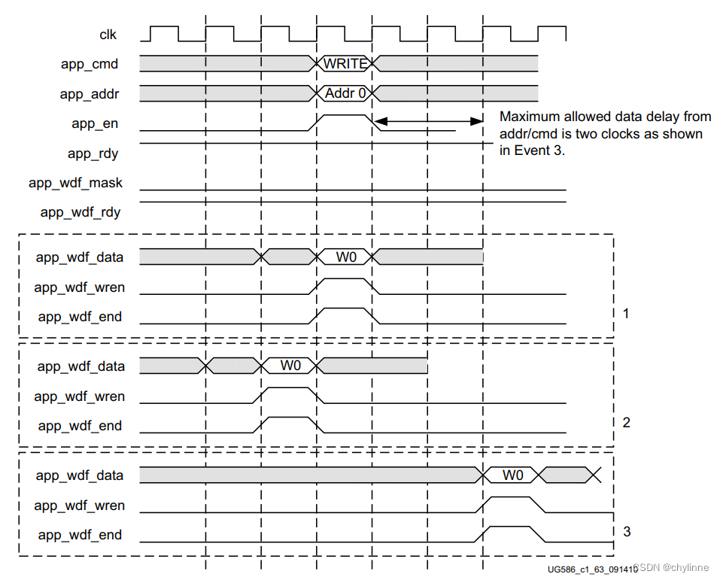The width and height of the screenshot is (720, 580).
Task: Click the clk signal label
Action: pos(108,35)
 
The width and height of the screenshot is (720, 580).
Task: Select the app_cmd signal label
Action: pos(90,64)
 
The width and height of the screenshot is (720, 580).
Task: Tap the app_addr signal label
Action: pos(90,94)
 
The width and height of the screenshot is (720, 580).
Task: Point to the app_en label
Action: pos(95,123)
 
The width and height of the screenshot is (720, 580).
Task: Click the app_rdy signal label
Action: pos(93,153)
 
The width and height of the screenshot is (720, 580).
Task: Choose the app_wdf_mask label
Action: pos(76,183)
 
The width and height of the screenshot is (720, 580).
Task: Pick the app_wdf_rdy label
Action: pos(81,212)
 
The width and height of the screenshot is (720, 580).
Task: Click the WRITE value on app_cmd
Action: pos(345,64)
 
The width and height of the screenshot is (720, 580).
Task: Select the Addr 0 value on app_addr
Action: pos(345,93)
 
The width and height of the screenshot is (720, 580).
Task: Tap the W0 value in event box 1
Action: pos(346,257)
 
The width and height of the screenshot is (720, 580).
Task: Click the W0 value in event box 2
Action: pos(290,366)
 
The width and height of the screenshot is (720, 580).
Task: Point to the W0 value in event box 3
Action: pos(513,475)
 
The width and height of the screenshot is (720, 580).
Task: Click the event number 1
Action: pos(626,314)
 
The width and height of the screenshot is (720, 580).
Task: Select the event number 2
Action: pos(626,423)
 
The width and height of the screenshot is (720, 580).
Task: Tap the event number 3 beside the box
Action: pos(627,532)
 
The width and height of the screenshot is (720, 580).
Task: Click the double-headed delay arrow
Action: pos(428,121)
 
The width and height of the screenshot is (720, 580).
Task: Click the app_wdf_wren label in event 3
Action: pos(80,506)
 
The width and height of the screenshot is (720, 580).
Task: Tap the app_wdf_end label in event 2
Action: pos(80,426)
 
